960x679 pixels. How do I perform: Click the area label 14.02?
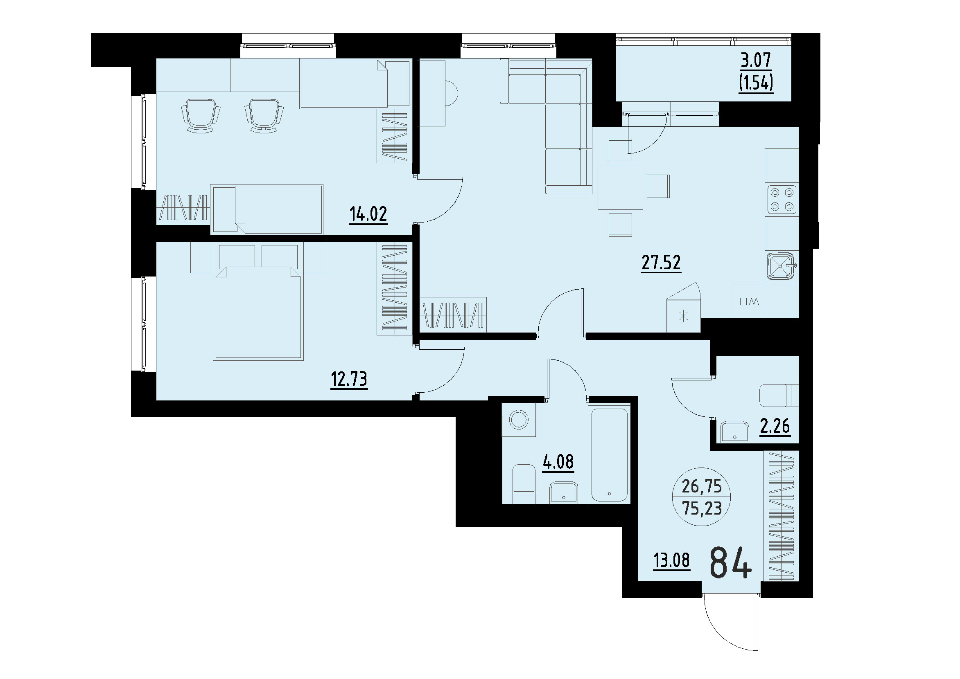coord(368,214)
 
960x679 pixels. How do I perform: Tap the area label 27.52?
coord(661,263)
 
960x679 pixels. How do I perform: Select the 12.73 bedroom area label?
coord(349,379)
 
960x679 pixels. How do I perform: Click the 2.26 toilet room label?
coord(775,427)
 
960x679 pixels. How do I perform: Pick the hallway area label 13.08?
coord(672,560)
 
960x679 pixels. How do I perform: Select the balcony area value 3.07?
coord(756,61)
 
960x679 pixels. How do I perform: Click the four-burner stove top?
coord(782,199)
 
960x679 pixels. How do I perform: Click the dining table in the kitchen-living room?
coord(620,187)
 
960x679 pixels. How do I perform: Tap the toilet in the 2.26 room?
coord(778,395)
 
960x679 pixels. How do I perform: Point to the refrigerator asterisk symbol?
coord(683,316)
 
